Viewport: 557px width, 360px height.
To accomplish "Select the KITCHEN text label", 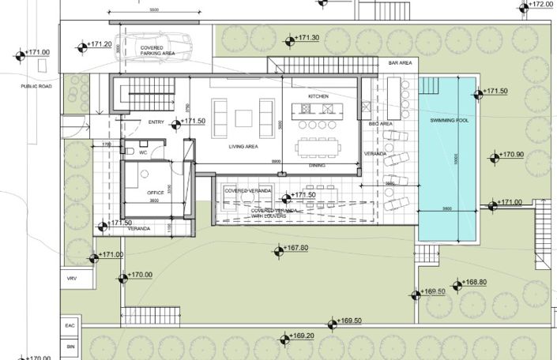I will click(x=318, y=96).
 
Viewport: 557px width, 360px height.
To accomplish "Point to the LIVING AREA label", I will click(x=245, y=147).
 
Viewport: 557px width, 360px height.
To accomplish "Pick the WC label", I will click(x=143, y=152).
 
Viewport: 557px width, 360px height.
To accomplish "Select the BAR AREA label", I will click(x=401, y=62).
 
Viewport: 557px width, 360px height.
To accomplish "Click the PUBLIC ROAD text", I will click(x=15, y=86).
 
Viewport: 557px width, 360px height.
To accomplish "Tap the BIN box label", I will click(x=70, y=346).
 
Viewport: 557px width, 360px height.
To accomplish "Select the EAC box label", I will click(x=70, y=324).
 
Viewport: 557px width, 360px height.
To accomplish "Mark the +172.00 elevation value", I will click(x=541, y=4).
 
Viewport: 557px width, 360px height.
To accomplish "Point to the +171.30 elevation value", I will click(x=307, y=38).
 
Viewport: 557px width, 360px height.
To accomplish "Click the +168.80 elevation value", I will click(x=474, y=282).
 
